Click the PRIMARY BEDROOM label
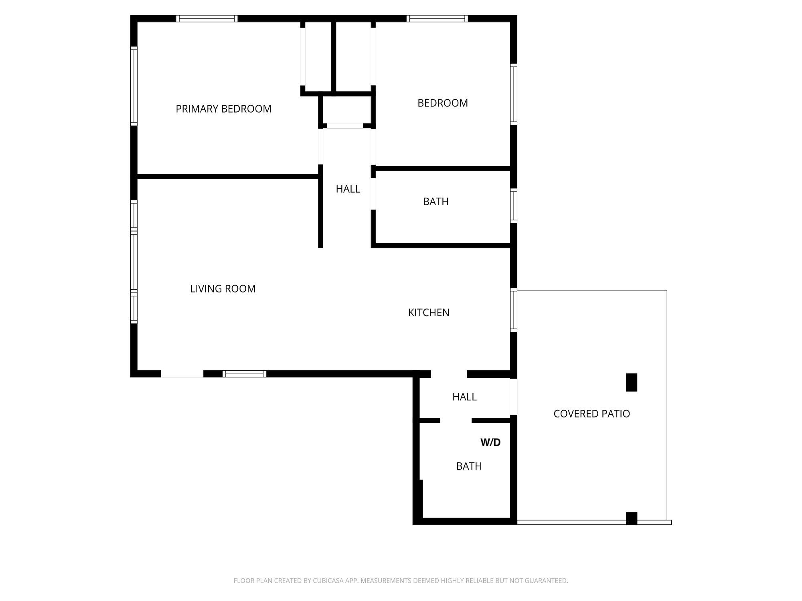coord(223,109)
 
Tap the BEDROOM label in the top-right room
coord(443,103)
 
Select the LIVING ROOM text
coord(223,288)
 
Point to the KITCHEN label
coord(429,313)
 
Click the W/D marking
coord(490,442)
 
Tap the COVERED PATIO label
coord(591,413)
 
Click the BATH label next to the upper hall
coord(435,202)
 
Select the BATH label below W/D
coord(469,466)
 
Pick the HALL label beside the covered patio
coord(464,397)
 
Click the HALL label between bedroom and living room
coord(348,189)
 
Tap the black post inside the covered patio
coord(632,382)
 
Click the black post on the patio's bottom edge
coord(632,518)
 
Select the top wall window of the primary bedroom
coord(207,18)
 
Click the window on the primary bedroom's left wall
coord(134,86)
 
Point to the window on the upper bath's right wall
coord(514,206)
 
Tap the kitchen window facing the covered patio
coord(514,310)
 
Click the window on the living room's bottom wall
coord(245,374)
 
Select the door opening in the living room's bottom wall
coord(182,374)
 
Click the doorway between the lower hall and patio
coord(514,397)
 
